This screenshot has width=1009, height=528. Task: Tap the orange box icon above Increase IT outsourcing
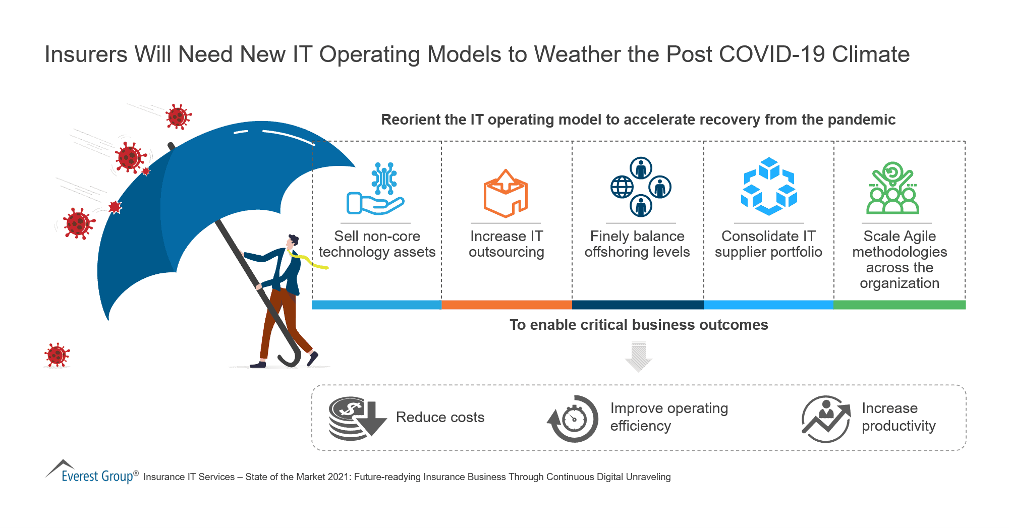506,194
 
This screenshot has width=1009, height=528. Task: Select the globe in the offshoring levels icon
622,188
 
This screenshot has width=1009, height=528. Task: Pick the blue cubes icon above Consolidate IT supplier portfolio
768,186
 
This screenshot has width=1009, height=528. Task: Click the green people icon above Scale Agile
892,189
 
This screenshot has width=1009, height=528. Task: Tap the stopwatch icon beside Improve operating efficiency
573,419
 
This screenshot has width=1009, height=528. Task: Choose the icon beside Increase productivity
826,419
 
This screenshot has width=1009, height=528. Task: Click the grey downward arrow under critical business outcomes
638,357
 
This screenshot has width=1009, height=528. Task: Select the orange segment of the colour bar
507,305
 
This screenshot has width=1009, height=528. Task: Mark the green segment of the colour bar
899,305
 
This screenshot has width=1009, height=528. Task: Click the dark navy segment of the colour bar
638,305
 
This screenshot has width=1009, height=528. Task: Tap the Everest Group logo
91,473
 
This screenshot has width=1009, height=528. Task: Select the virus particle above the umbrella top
177,117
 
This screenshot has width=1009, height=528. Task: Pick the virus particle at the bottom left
57,355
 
